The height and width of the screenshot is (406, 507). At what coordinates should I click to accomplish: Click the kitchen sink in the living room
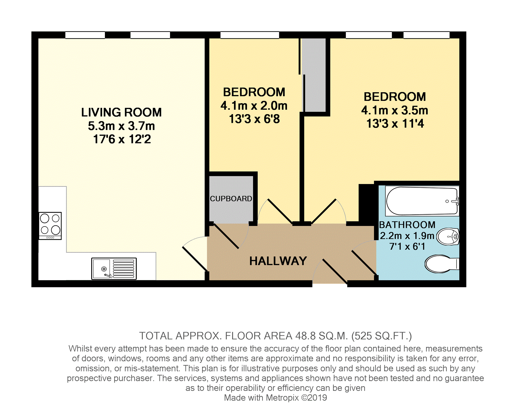click(x=114, y=269)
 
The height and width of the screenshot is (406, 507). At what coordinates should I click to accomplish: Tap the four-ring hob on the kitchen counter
click(x=50, y=226)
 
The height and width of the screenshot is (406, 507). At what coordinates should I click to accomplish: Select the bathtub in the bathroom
click(x=422, y=201)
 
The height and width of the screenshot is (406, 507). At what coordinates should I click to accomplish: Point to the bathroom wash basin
click(x=448, y=236)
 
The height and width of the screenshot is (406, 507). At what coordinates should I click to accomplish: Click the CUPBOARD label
click(x=231, y=199)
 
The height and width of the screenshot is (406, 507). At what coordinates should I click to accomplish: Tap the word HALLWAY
click(x=278, y=261)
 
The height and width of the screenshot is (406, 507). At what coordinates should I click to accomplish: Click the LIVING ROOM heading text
click(x=121, y=112)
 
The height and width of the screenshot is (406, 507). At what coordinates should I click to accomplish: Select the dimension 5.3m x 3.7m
click(x=121, y=126)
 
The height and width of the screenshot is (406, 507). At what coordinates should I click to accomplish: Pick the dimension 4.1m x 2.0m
click(x=254, y=106)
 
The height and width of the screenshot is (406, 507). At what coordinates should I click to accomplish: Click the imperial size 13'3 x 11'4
click(x=395, y=124)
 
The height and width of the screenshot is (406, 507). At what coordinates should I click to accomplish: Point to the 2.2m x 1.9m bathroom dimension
click(x=407, y=236)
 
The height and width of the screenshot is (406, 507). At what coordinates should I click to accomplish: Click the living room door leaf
click(x=195, y=259)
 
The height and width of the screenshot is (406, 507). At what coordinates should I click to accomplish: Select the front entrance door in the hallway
click(x=335, y=272)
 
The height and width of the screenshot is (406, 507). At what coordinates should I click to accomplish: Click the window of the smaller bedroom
click(x=250, y=35)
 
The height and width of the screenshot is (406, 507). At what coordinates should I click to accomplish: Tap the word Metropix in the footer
click(x=282, y=397)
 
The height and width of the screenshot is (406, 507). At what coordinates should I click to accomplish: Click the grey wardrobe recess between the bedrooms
click(x=314, y=75)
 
